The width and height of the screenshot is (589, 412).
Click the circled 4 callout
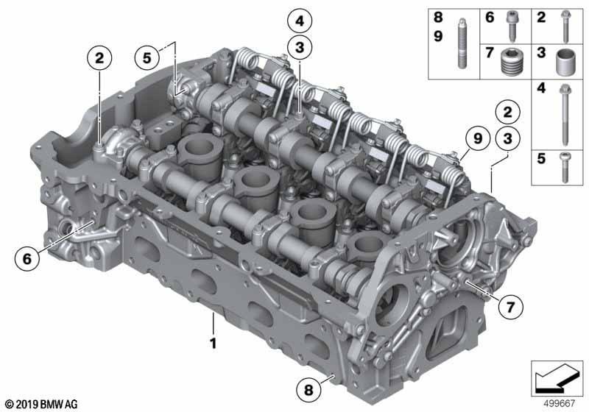click(x=300, y=21)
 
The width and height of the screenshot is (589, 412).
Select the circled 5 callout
click(x=147, y=58)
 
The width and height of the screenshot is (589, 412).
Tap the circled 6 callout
click(x=27, y=258)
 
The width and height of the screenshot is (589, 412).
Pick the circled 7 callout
click(x=510, y=308)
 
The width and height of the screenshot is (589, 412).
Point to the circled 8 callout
click(x=308, y=389)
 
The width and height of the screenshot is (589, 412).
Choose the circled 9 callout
click(x=477, y=138)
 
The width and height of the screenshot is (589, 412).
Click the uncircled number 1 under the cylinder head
click(x=213, y=343)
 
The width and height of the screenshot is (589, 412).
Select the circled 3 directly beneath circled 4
click(x=300, y=48)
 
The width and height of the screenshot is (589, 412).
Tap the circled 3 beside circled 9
click(x=507, y=138)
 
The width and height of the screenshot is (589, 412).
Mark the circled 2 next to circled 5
click(x=99, y=58)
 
